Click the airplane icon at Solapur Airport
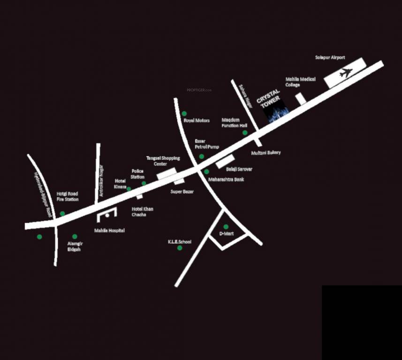pos(345,73)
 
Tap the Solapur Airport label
pos(330,58)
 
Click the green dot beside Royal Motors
pos(184,113)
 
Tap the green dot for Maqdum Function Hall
pos(245,133)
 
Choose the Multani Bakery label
pos(266,153)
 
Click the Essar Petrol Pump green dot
pos(202,157)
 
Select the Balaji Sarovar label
pos(239,168)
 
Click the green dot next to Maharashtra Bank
pos(206,172)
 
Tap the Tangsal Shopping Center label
pos(163,161)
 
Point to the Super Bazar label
pos(182,192)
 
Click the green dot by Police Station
pos(144,183)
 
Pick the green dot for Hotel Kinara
pos(129,189)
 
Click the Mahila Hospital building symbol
pos(106,216)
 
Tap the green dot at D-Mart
pos(226,227)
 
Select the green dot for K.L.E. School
pos(180,247)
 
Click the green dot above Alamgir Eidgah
pos(75,237)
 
